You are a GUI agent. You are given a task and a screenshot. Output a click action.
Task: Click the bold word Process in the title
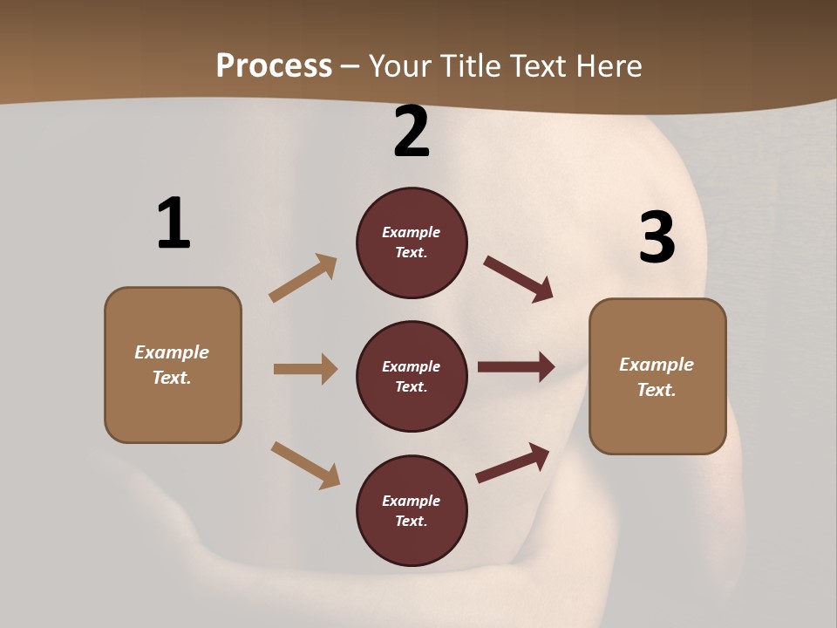coord(274,65)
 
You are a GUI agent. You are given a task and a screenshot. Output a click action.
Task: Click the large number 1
coord(174,224)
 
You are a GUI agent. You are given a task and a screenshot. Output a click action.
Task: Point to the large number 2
coord(412,133)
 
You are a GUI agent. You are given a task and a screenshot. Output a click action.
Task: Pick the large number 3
coord(657,238)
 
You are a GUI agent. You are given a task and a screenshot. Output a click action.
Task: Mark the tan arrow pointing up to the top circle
coord(303,277)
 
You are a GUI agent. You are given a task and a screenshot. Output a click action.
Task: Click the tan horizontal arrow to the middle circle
coord(305,369)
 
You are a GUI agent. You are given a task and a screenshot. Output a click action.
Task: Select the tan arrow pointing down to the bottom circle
coord(305,464)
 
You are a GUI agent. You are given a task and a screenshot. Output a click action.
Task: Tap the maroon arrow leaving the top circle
coord(518,278)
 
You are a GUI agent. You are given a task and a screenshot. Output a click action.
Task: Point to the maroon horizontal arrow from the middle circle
coord(516,367)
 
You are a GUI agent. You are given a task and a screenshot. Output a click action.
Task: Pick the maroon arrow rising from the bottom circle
coord(514,462)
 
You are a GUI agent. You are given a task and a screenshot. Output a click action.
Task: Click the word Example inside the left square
coord(172,352)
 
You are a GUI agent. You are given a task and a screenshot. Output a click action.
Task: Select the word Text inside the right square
coord(657,390)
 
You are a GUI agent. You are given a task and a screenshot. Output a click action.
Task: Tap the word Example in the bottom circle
coord(412,501)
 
